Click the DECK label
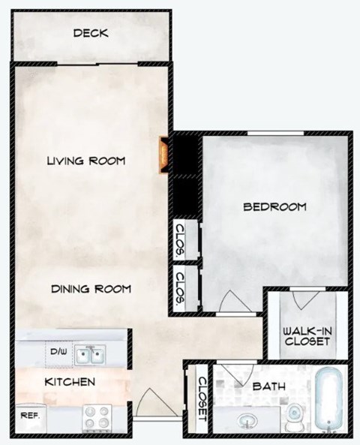91,33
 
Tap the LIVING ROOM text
85,161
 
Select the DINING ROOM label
91,288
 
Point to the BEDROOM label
275,207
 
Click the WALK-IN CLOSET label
306,335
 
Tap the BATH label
268,387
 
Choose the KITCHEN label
70,382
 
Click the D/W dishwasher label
58,350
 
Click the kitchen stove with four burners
95,416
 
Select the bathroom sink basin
247,419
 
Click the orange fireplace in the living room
162,155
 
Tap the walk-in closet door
304,299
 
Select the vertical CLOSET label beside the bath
202,397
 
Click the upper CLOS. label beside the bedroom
181,242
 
